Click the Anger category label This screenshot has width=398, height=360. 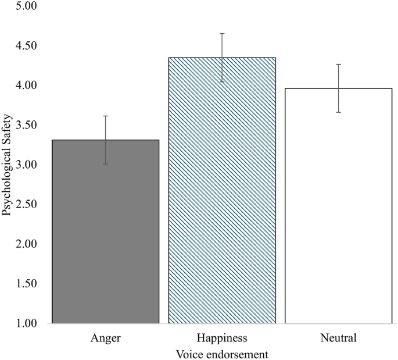[105, 337]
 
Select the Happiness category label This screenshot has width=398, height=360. [222, 337]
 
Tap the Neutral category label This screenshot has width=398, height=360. [338, 337]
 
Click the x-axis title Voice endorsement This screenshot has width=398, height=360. [222, 353]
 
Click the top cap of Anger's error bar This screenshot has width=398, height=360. [105, 116]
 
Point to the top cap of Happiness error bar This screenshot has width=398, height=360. [222, 34]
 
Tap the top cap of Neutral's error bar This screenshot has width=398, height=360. [338, 64]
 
